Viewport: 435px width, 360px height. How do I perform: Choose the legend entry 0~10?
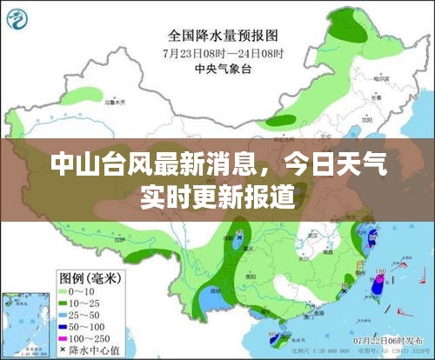click(78, 290)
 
